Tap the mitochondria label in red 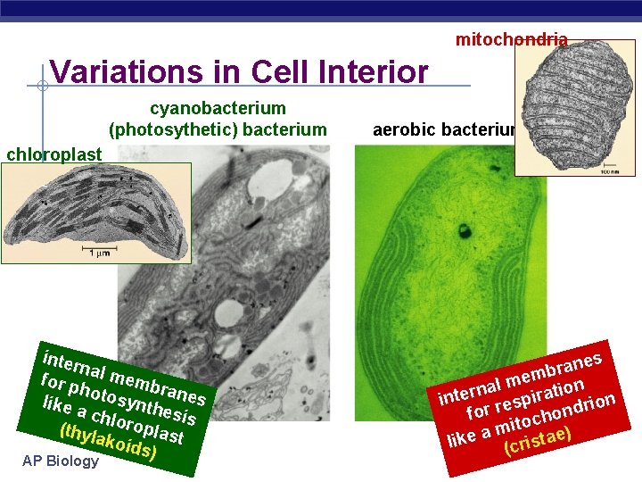tap(511, 39)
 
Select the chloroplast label tap(53, 154)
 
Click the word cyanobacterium tap(218, 109)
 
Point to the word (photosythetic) tap(163, 130)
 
